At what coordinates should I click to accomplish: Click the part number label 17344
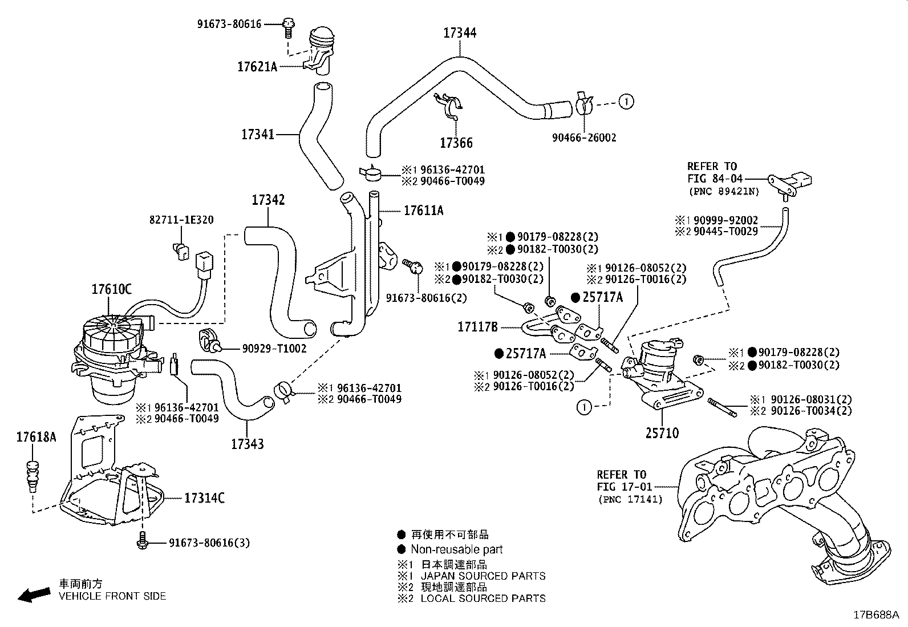tap(460, 33)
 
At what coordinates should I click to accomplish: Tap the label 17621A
tap(257, 67)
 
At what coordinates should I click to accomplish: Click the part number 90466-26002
tap(584, 137)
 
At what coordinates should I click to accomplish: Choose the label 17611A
tap(424, 211)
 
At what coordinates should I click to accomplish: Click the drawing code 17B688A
tap(876, 615)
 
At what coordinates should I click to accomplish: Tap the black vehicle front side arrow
tap(34, 595)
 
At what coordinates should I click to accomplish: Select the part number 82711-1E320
tap(181, 220)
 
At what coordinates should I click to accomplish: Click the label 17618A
tap(36, 437)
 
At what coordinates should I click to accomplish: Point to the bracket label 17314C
tap(204, 498)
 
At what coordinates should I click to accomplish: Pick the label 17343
tap(248, 444)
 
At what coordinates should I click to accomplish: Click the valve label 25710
tap(662, 433)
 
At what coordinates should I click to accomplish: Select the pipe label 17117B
tap(477, 327)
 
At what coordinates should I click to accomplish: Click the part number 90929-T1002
tap(274, 349)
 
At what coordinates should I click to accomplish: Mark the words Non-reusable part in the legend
tap(456, 549)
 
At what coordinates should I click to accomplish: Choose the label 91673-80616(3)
tap(209, 543)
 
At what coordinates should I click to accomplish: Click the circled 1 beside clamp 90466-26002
tap(626, 102)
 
